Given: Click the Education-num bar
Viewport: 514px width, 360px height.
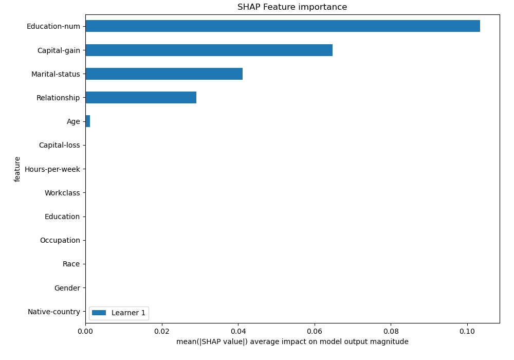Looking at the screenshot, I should pos(283,26).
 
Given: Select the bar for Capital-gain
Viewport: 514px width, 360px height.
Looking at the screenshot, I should pos(209,50).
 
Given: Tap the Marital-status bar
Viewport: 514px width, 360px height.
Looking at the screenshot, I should pos(164,74).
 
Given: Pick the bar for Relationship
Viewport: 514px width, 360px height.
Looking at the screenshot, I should pos(141,98).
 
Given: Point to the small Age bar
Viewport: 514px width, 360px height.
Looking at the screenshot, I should pos(88,121).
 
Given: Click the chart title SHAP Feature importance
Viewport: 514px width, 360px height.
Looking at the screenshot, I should pos(292,7).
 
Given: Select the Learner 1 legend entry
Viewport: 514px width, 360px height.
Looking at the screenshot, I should pos(119,313).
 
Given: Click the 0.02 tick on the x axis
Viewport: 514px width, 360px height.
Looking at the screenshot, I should pos(162,332).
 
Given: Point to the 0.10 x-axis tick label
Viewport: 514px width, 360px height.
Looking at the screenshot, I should pos(467,332).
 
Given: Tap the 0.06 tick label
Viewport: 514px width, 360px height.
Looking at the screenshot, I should pos(315,332).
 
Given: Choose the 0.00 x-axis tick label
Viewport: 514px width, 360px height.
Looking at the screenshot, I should pos(85,332).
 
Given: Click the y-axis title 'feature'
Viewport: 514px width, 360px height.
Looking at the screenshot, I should pos(17,169).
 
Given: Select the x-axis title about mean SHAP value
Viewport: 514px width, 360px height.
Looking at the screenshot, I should pos(292,342).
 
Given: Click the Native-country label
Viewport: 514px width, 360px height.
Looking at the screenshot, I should pos(54,312).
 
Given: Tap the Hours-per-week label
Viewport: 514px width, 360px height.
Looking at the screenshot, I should pos(52,169).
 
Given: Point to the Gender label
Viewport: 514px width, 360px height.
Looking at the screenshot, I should pos(67,288).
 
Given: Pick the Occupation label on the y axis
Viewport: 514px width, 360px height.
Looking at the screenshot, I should pos(60,240).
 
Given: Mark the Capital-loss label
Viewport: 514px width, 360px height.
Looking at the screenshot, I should pos(60,146).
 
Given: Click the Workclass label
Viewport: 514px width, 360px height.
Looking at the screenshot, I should pos(62,193).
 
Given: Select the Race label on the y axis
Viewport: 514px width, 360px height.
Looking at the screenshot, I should pos(71,264).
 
